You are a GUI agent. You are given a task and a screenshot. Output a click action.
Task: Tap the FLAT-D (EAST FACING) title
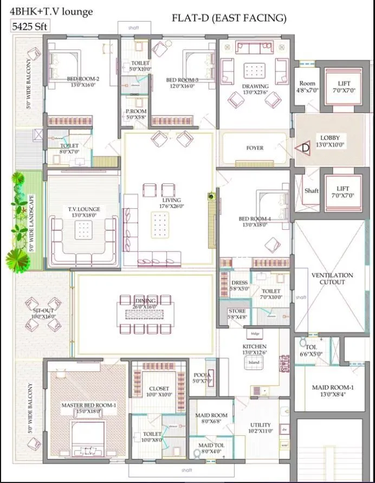(x=229, y=18)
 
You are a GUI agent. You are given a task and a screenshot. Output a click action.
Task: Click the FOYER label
(x=255, y=147)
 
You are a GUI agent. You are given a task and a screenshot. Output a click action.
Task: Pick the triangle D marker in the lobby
(x=302, y=147)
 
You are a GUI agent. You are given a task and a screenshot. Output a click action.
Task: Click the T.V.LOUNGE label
(x=83, y=212)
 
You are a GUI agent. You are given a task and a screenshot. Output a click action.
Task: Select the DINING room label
(x=145, y=303)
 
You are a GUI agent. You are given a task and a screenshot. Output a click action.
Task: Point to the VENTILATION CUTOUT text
(x=332, y=279)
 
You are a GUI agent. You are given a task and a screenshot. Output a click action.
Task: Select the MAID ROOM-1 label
(x=333, y=390)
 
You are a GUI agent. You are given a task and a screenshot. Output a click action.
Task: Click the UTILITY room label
(x=260, y=428)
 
